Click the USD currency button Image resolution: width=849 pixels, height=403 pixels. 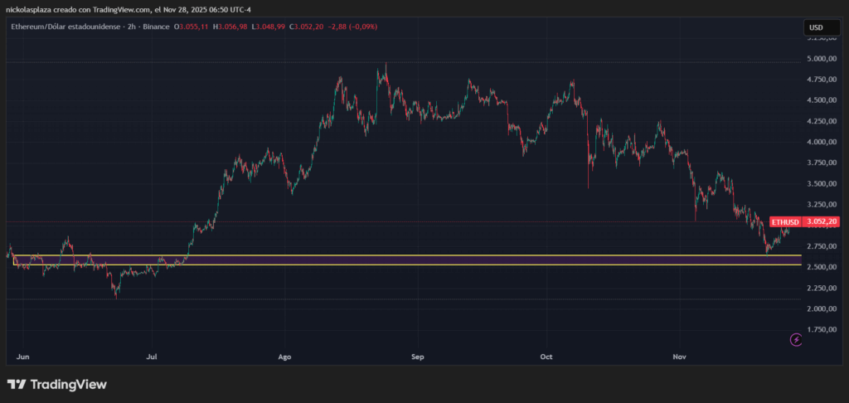(816, 27)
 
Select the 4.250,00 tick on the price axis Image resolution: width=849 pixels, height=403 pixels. (821, 121)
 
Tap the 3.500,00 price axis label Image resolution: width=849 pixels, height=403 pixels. (821, 184)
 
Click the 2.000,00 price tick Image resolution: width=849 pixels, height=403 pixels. (821, 308)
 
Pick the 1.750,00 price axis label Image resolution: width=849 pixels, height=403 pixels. (821, 329)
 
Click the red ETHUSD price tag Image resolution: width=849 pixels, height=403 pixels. (785, 222)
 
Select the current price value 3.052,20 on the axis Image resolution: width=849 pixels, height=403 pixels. (822, 222)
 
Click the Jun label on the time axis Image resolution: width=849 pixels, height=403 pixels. (23, 357)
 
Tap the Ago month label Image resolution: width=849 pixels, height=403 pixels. (284, 357)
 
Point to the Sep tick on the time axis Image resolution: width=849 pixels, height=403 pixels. (417, 357)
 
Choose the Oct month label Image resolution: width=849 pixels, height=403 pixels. (546, 357)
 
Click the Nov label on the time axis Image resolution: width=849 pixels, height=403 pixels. (679, 357)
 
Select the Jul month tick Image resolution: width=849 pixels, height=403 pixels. (152, 357)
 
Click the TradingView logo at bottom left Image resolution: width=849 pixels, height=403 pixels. (57, 385)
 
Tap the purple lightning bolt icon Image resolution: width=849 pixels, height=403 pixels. (797, 339)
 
